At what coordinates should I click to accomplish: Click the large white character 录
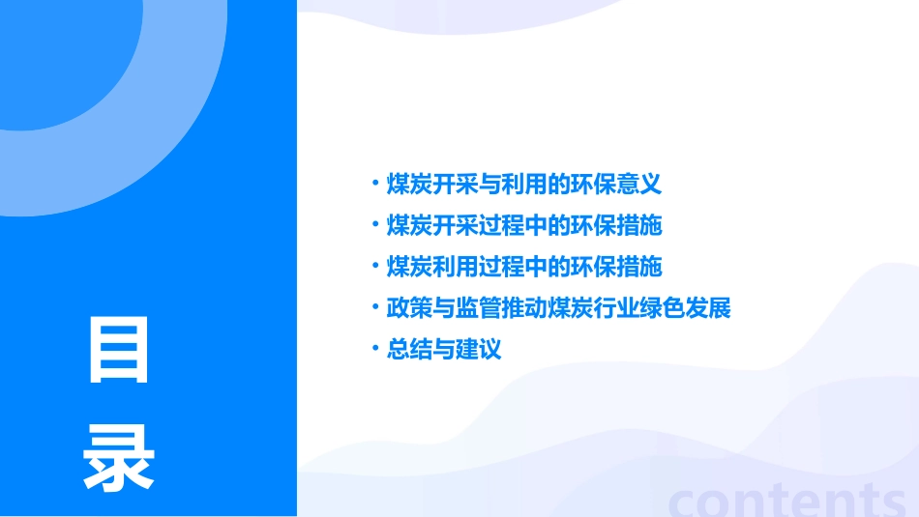click(x=119, y=458)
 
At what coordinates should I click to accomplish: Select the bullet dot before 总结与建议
click(x=376, y=349)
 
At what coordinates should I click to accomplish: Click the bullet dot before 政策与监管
click(x=376, y=308)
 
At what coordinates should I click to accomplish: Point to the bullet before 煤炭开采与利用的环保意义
click(x=376, y=183)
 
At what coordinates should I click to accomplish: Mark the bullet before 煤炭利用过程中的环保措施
click(x=376, y=266)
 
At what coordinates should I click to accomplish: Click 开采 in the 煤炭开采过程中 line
click(x=444, y=226)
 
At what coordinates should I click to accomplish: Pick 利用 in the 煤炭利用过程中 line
click(x=444, y=267)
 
